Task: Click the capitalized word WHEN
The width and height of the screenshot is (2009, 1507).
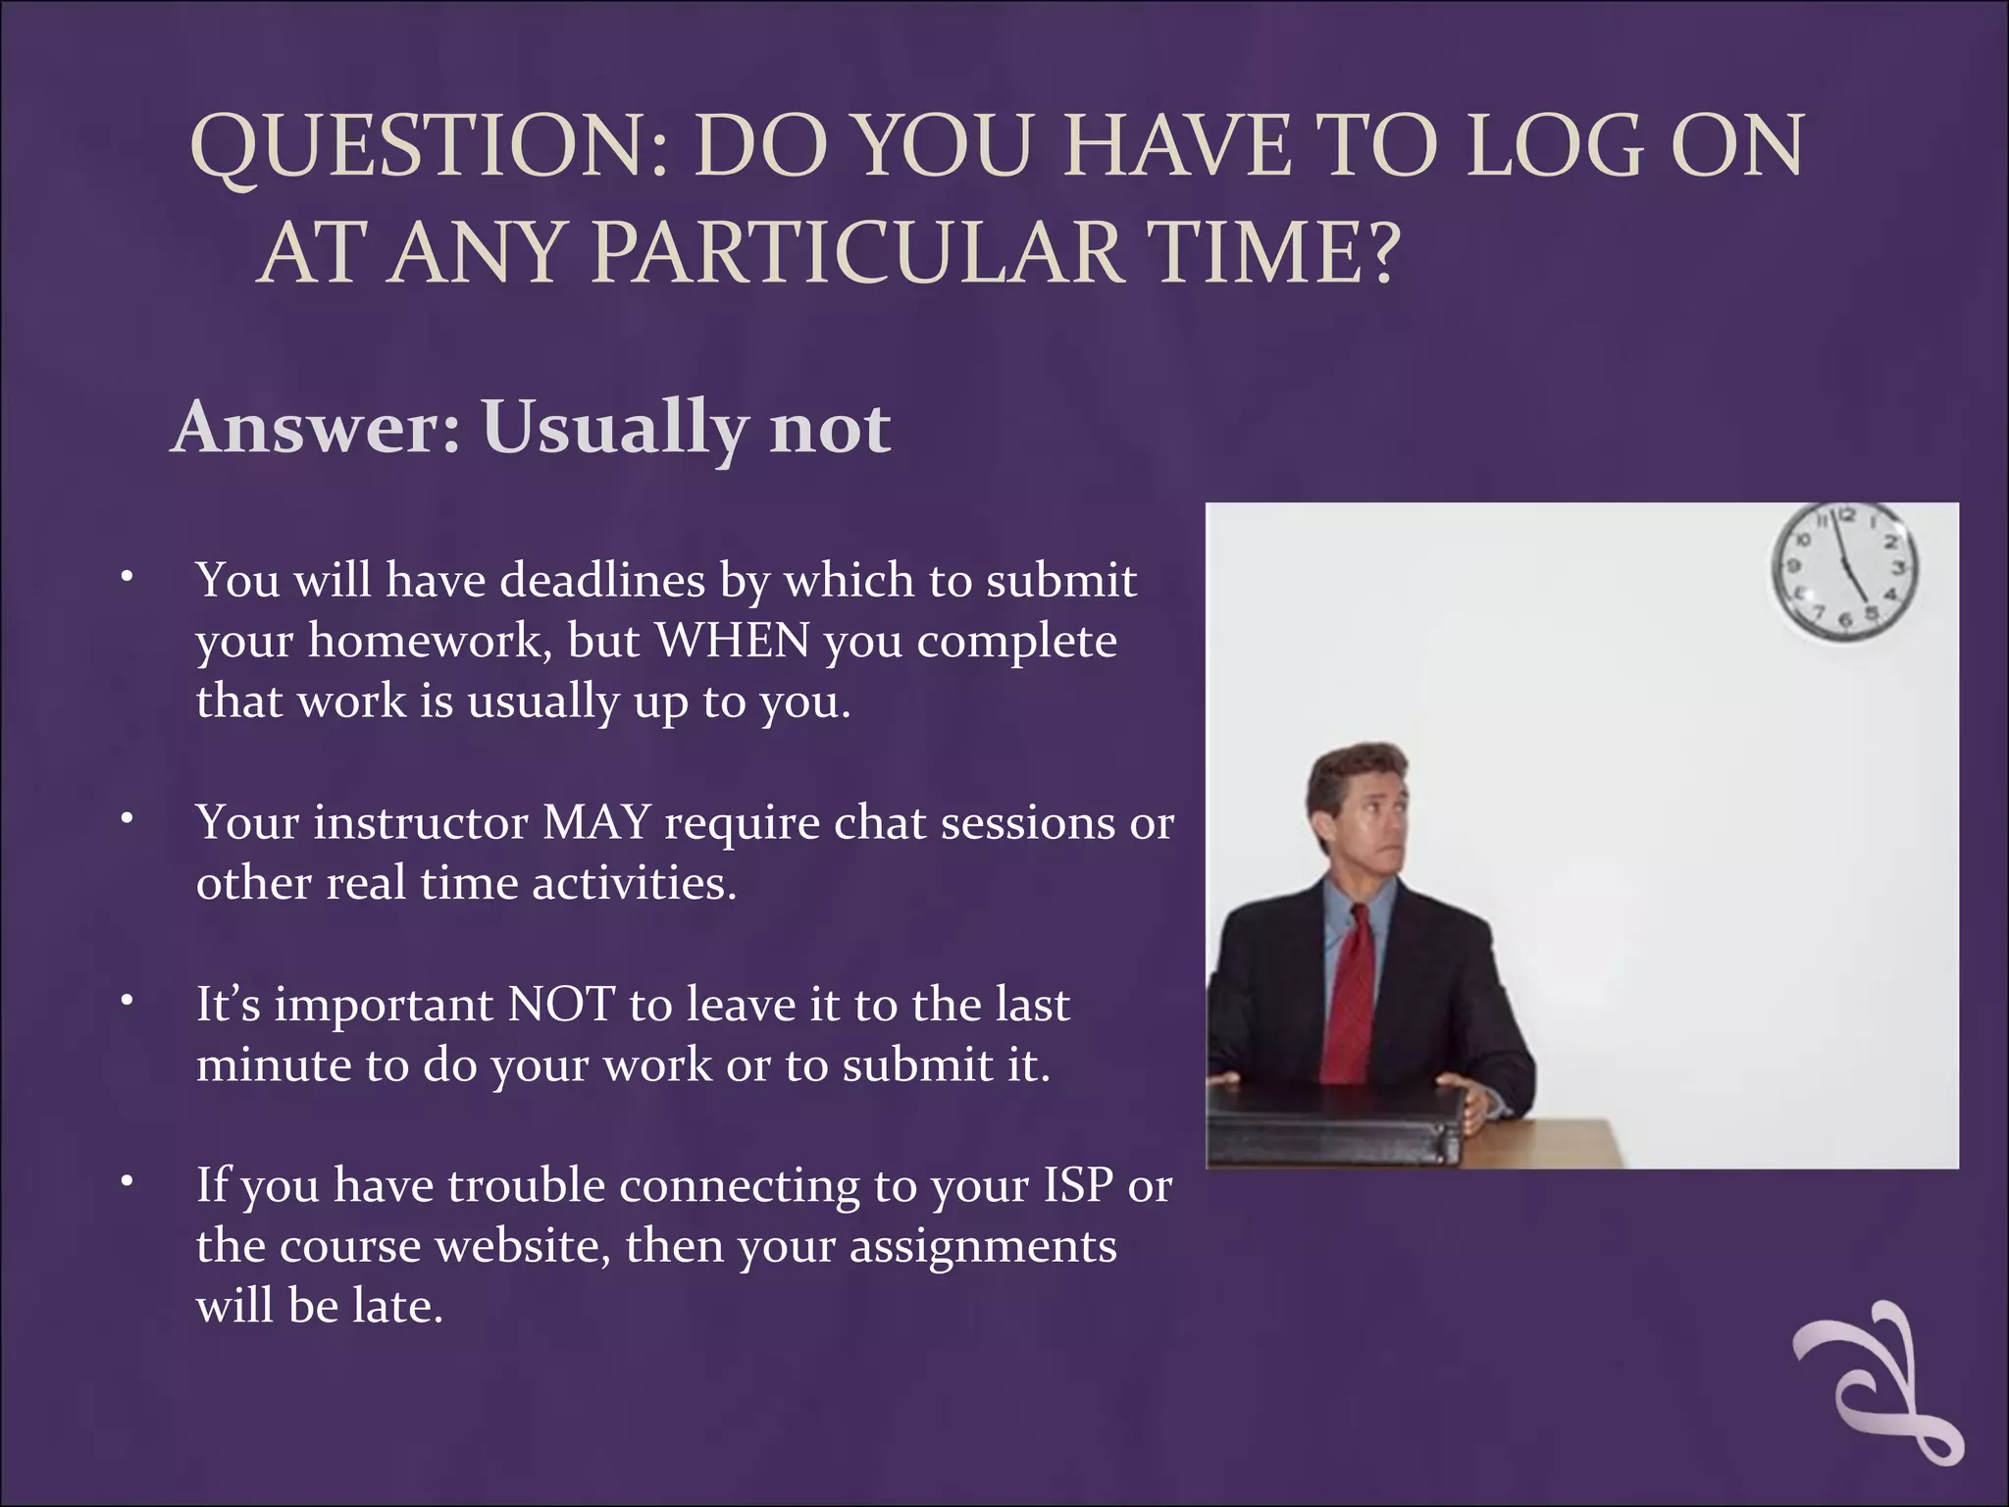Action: coord(733,642)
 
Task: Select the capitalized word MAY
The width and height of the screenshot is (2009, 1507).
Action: coord(596,822)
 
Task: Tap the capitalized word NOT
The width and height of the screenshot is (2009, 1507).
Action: coord(561,1005)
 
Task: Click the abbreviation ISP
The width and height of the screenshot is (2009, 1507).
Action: coord(1078,1185)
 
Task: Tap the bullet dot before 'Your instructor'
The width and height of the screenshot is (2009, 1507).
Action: coord(127,820)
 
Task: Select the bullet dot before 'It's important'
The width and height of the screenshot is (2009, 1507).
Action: coord(127,1002)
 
